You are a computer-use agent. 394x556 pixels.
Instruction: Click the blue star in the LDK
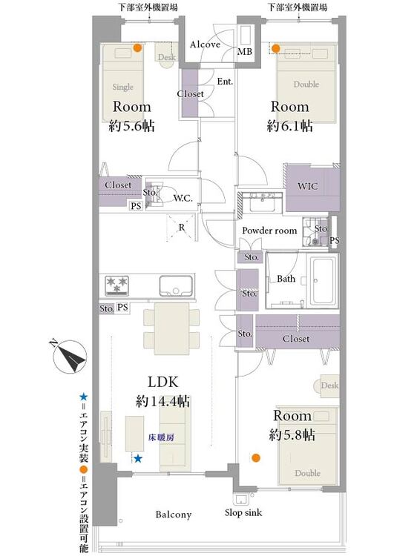(x=138, y=458)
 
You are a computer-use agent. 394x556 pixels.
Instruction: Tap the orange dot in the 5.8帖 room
(x=255, y=458)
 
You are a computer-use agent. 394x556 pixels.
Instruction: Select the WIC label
(x=308, y=187)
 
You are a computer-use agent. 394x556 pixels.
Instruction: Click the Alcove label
(x=205, y=44)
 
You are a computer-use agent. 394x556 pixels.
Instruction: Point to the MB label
(x=245, y=52)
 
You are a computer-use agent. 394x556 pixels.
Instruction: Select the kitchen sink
(x=176, y=286)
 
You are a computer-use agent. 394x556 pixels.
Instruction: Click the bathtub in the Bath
(x=323, y=280)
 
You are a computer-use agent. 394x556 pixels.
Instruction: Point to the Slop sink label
(x=243, y=513)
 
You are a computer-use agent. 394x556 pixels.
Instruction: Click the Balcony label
(x=173, y=514)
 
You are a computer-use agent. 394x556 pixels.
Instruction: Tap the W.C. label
(x=183, y=198)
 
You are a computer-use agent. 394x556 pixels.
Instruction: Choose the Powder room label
(x=269, y=231)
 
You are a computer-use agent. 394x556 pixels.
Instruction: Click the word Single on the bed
(x=123, y=87)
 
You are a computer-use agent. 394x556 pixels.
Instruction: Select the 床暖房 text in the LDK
(x=161, y=437)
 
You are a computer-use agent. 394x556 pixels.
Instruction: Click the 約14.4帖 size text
(x=163, y=401)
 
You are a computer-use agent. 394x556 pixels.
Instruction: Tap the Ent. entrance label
(x=225, y=82)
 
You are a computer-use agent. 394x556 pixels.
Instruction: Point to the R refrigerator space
(x=181, y=228)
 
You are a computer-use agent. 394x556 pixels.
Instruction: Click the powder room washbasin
(x=262, y=203)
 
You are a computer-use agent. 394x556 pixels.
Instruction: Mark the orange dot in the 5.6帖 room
(x=137, y=48)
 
